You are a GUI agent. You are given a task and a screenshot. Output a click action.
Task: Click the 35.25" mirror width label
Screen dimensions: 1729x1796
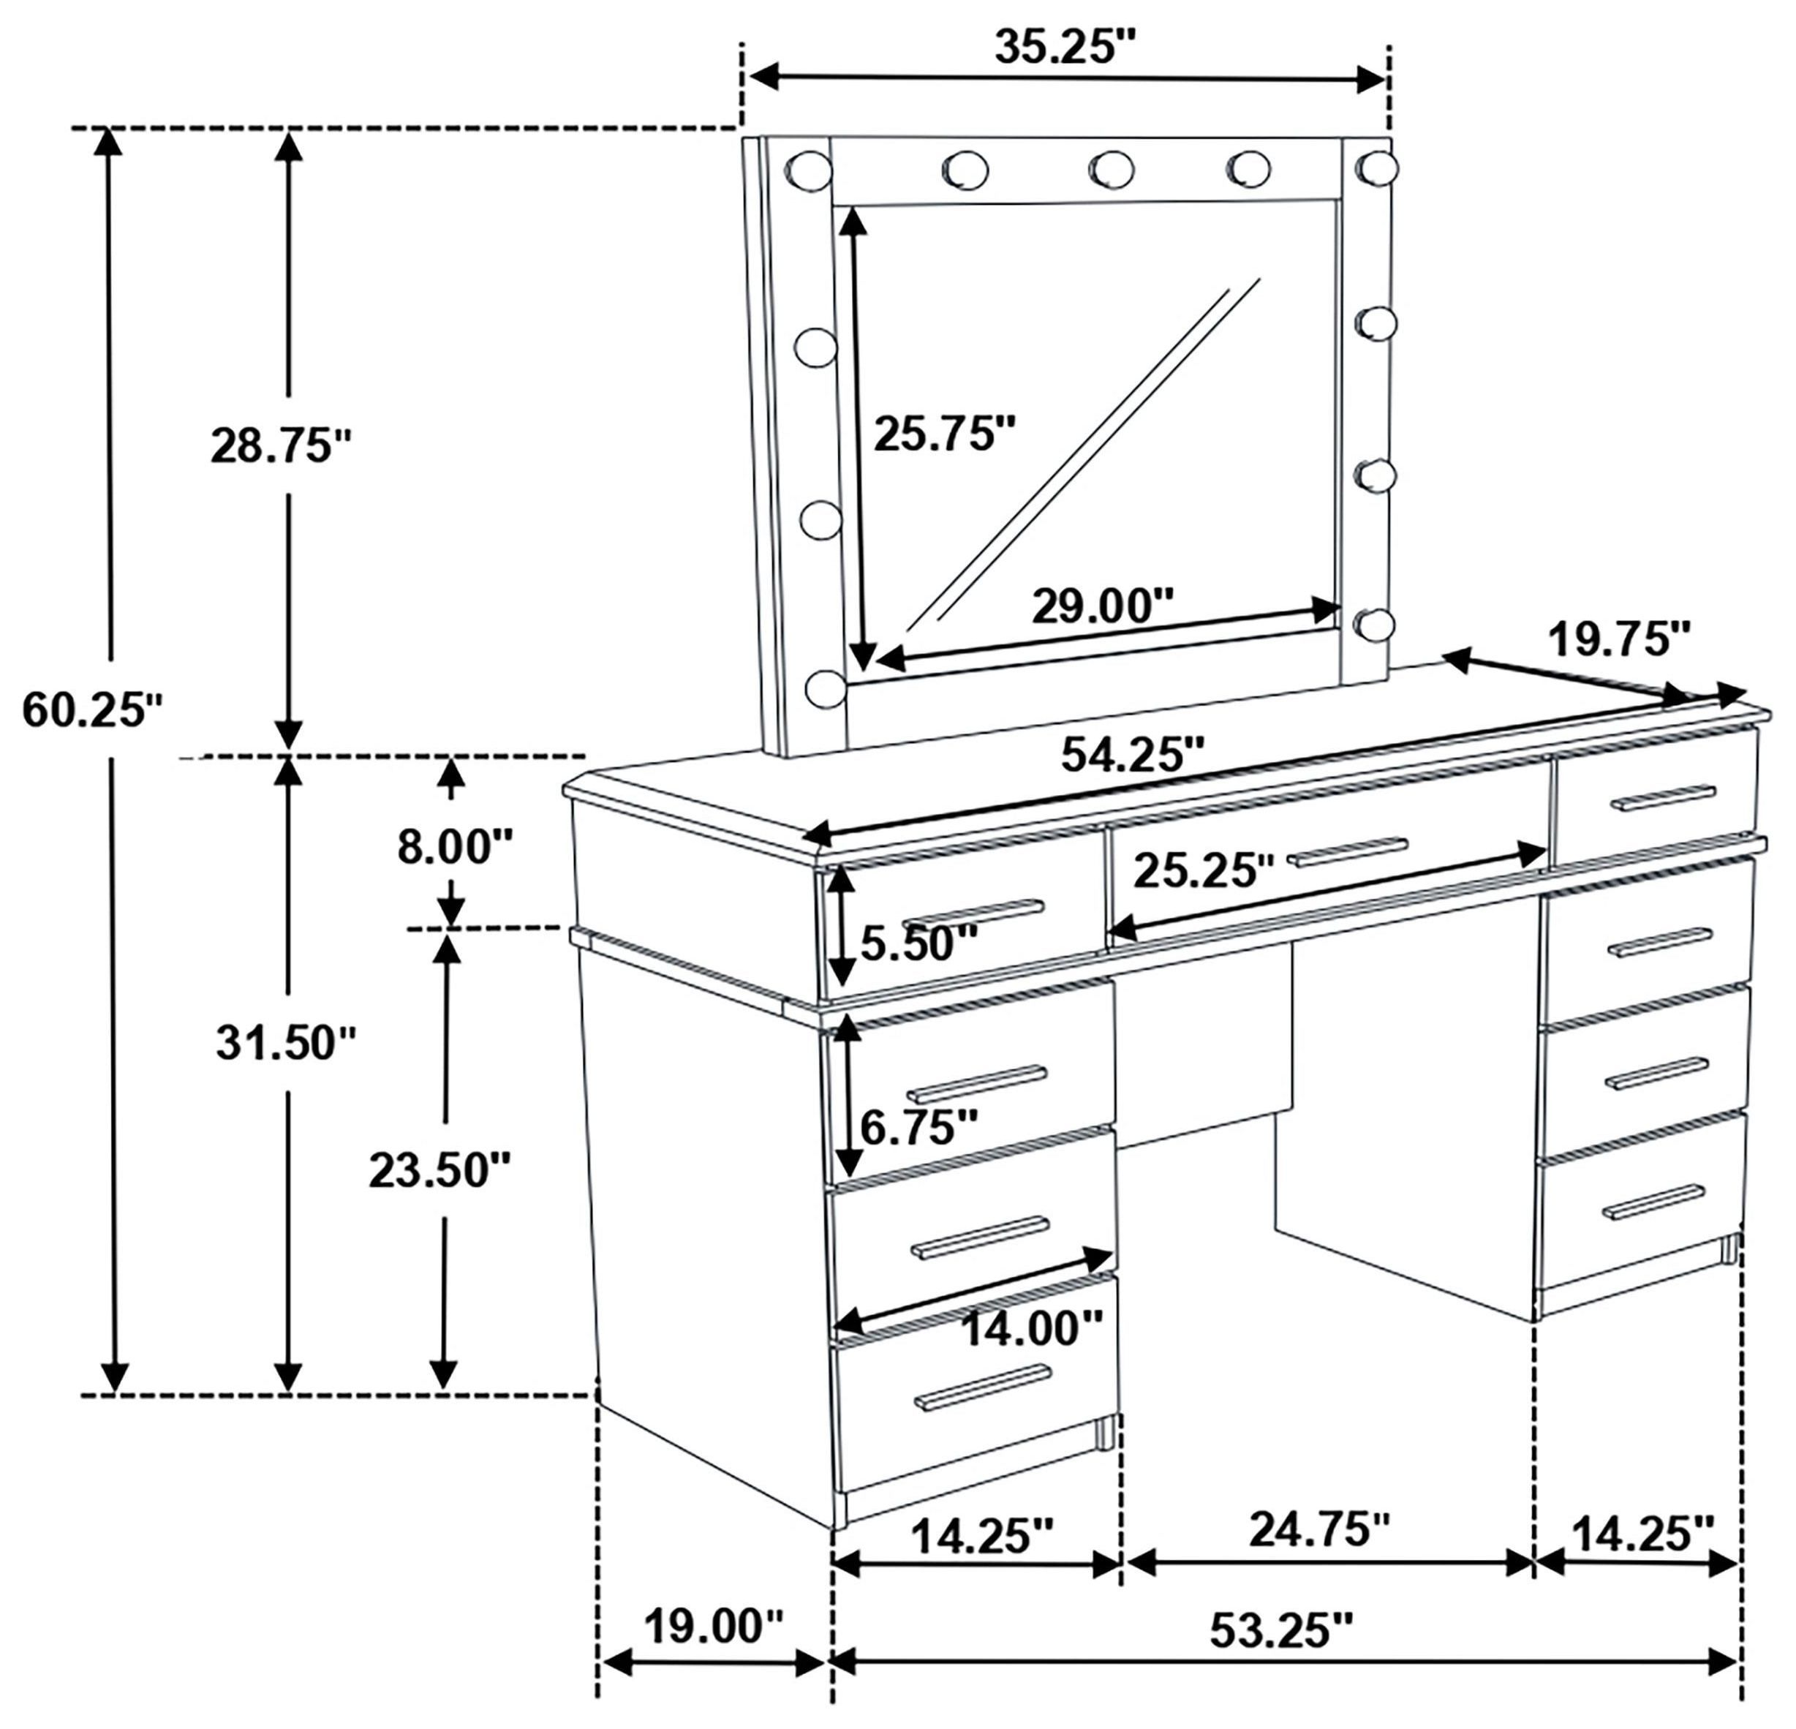pos(1065,48)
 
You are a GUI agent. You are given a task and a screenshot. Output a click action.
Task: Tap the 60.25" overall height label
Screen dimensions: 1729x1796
pos(91,710)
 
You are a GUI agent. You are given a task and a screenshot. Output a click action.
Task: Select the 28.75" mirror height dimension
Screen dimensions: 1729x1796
pos(282,446)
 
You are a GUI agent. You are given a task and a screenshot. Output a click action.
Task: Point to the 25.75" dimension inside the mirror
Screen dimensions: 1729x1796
pos(945,434)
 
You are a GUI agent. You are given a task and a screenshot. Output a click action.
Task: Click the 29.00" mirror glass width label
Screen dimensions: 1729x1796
pos(1102,606)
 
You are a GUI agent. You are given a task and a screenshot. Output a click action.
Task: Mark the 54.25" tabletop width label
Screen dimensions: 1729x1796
pos(1132,755)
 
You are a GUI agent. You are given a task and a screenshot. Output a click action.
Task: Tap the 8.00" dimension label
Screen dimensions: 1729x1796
pos(455,847)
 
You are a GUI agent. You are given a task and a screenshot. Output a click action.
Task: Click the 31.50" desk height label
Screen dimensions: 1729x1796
pos(286,1043)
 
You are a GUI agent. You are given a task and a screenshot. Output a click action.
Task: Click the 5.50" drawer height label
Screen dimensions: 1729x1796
pos(919,943)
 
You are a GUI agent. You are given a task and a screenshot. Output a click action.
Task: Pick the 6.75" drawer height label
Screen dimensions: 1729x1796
pos(919,1126)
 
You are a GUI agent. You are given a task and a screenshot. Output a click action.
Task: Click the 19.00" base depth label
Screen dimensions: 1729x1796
pos(714,1627)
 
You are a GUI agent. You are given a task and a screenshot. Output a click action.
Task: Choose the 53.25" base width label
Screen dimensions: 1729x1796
pos(1281,1630)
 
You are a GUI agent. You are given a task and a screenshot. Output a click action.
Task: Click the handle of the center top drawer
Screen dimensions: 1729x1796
pos(1347,851)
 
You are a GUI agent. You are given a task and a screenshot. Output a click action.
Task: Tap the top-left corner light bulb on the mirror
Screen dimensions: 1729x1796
pos(808,170)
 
